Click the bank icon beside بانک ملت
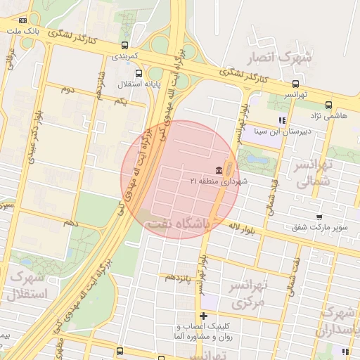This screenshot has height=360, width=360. tap(23, 21)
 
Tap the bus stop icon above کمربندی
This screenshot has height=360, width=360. tap(125, 46)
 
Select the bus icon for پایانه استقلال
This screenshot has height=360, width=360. tap(138, 72)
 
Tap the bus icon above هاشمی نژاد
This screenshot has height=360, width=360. tap(328, 105)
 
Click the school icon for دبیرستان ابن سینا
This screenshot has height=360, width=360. tap(282, 120)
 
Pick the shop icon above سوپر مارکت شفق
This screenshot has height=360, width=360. tap(319, 217)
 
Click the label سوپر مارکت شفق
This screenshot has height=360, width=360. tap(320, 228)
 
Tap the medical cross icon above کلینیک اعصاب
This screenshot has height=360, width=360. tap(203, 316)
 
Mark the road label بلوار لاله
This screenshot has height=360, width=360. tap(245, 227)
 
